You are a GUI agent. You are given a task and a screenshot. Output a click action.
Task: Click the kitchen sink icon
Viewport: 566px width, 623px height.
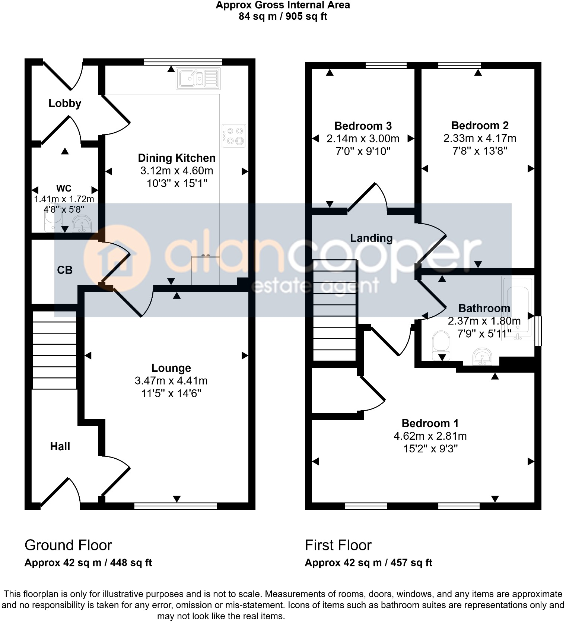tap(198, 79)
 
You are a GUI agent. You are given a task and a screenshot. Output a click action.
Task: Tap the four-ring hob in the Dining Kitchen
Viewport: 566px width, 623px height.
tap(234, 136)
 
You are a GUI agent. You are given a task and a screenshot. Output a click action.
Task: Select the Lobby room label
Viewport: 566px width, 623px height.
tap(65, 103)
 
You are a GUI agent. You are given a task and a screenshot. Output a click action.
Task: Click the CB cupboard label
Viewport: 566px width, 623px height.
tap(65, 270)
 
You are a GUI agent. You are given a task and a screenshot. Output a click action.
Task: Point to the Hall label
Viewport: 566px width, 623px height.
tap(60, 446)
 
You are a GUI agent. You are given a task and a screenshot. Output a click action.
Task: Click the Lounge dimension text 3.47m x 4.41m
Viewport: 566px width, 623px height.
tap(171, 381)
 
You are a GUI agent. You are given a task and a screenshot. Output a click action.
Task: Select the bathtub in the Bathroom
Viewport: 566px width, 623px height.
tap(518, 309)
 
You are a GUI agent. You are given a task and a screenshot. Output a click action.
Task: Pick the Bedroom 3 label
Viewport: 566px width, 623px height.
tap(363, 126)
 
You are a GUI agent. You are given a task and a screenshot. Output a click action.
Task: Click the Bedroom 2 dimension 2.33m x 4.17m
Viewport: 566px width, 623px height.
tap(480, 139)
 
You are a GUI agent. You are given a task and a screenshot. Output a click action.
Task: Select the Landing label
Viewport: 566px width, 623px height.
tap(371, 238)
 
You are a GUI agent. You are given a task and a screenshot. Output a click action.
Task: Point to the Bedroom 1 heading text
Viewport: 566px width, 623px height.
tap(430, 423)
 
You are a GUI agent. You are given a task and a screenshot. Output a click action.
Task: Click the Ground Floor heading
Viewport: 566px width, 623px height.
tap(68, 545)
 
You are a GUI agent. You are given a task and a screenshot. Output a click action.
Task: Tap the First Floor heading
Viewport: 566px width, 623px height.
tap(338, 545)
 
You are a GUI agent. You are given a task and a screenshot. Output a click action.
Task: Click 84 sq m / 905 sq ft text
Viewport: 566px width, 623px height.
tap(283, 17)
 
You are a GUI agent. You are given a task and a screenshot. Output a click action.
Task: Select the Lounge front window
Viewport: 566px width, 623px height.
tap(175, 506)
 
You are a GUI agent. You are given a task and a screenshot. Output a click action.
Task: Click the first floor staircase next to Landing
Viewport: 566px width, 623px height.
tap(334, 310)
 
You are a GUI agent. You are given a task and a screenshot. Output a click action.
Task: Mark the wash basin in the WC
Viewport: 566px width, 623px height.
tap(81, 224)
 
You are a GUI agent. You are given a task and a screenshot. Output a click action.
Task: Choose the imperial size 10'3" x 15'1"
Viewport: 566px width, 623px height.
tap(177, 183)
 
